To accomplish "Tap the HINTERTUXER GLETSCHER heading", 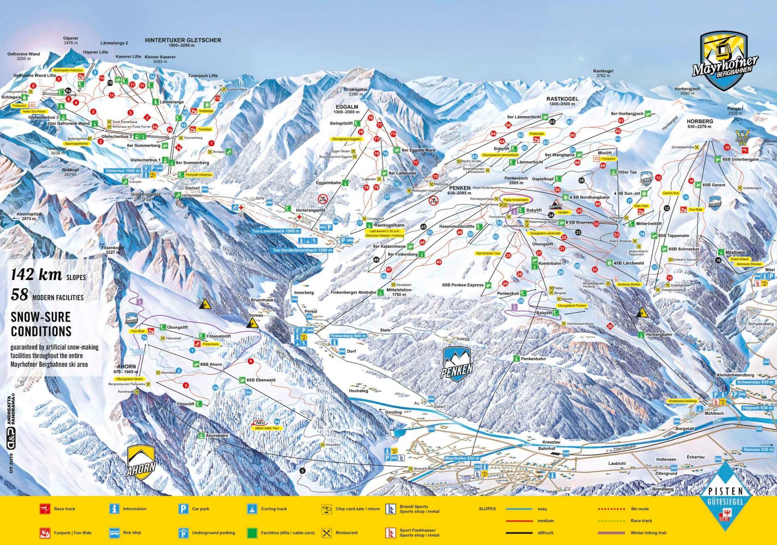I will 183,40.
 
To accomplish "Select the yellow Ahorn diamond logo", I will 141,463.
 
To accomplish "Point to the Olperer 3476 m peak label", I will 71,40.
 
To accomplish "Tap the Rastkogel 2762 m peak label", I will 603,73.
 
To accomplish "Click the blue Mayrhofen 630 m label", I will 462,458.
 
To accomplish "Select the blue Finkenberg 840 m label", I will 348,336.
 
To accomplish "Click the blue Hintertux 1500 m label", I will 122,171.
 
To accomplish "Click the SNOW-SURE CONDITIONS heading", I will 41,324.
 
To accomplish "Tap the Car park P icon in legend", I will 183,509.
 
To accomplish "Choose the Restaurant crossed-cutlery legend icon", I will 326,533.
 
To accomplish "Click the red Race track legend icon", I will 45,509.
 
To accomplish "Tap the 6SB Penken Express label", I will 463,285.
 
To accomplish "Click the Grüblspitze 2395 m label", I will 356,92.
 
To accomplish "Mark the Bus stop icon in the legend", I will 114,533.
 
